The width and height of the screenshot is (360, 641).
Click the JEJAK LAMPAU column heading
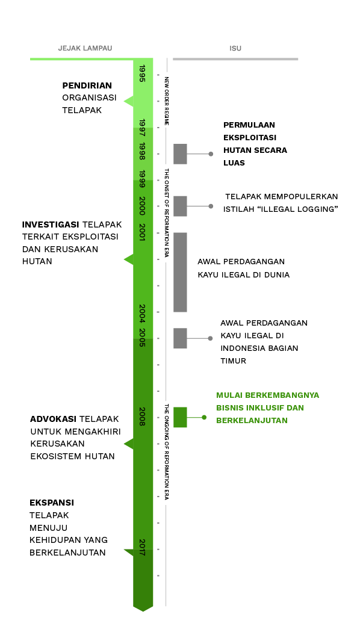coord(85,48)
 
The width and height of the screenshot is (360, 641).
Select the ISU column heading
coord(235,48)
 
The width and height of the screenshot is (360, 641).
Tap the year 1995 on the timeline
coord(142,73)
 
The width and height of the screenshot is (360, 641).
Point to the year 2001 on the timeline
coord(142,232)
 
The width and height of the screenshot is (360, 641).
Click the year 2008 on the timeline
coord(142,416)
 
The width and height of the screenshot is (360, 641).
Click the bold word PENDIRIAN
coord(87,86)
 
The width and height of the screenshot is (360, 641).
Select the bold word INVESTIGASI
coord(51,225)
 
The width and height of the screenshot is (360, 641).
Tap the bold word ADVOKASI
coord(53,419)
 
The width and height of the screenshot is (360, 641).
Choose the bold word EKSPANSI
coord(52,503)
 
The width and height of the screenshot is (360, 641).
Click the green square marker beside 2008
coord(180,417)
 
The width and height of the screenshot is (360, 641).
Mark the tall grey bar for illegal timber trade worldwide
coord(180,272)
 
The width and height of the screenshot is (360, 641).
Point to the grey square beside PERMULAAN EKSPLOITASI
coord(180,153)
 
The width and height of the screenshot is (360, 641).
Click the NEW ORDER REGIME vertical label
coord(167,101)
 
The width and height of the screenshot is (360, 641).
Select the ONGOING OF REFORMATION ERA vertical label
coord(167,452)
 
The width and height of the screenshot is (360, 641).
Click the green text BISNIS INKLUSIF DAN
coord(260,408)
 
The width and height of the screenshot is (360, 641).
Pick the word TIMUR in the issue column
coord(233,361)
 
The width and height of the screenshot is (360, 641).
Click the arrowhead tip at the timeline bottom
coord(143,611)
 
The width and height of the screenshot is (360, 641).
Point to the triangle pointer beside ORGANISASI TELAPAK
coord(129,101)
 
